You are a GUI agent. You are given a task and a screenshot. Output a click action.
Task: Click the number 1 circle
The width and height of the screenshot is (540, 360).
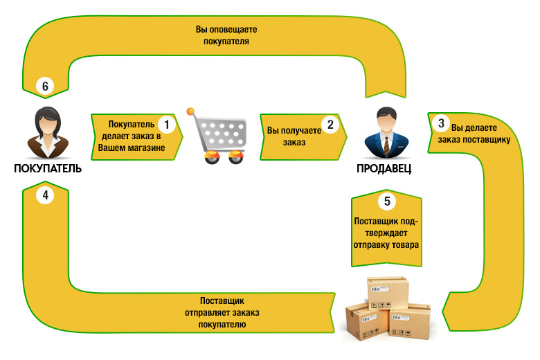point(167,125)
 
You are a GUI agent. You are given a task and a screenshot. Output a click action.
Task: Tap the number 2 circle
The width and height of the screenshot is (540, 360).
point(330,125)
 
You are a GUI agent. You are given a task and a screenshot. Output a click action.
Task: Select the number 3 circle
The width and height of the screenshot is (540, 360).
point(441,123)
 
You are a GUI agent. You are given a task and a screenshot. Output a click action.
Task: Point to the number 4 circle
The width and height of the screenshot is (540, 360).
point(45,195)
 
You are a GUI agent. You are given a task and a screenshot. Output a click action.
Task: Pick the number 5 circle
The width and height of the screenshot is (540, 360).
point(387,201)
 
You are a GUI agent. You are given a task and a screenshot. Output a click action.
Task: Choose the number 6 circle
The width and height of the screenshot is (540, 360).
point(45,86)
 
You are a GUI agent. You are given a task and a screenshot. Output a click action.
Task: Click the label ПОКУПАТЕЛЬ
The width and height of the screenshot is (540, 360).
point(48,168)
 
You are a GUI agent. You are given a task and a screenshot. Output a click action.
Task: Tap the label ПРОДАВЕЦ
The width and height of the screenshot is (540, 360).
point(384,168)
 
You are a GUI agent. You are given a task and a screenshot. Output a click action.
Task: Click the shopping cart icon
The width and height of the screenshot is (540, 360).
point(217,136)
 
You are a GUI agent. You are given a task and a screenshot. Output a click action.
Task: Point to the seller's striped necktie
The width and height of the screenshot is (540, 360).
point(387,146)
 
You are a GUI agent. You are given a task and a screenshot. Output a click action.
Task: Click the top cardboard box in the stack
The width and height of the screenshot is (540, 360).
point(388,293)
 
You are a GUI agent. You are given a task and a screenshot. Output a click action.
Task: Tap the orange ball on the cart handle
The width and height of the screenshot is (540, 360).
point(190,111)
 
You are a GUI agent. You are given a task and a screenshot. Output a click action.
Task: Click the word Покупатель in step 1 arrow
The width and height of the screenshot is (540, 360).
point(132,124)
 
